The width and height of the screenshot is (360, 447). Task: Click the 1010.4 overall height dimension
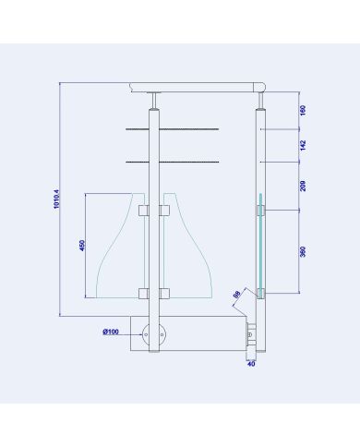(x=56, y=199)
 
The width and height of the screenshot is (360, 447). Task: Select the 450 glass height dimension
(x=82, y=246)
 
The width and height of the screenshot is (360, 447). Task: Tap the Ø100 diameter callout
(x=111, y=332)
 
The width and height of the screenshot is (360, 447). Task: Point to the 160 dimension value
(x=303, y=110)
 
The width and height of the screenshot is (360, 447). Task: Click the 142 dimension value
(x=303, y=145)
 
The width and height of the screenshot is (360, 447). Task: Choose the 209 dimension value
(x=303, y=186)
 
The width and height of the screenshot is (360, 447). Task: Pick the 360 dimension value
(x=303, y=252)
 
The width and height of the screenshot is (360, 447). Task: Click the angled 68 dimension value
(x=236, y=295)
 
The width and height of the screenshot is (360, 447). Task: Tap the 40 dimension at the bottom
(x=251, y=364)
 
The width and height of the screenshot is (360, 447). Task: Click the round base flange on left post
(x=154, y=334)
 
